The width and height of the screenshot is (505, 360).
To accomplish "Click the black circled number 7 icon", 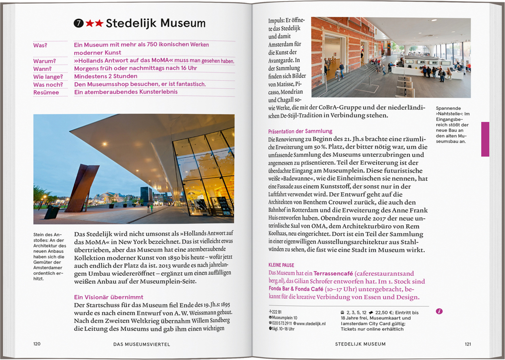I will pyautogui.click(x=78, y=23).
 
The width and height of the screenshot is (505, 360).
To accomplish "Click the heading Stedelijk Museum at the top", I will pyautogui.click(x=155, y=23).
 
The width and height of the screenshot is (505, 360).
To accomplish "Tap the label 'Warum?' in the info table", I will pyautogui.click(x=45, y=61).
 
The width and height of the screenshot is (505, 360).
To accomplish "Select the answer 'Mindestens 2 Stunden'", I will pyautogui.click(x=105, y=76).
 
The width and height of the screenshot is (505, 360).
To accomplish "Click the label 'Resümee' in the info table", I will pyautogui.click(x=46, y=92).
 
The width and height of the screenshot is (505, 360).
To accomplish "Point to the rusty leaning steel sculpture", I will pyautogui.click(x=83, y=189).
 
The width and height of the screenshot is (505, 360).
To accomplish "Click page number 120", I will pyautogui.click(x=37, y=344).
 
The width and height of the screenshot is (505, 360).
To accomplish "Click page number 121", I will pyautogui.click(x=468, y=344).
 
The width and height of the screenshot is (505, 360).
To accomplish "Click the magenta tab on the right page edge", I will pyautogui.click(x=485, y=139).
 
